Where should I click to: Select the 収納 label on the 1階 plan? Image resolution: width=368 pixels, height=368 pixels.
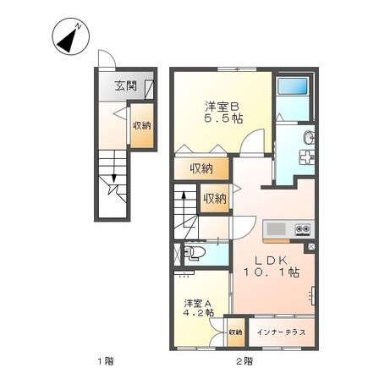tap(141, 125)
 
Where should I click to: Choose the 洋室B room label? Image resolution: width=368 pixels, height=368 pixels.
tap(222, 107)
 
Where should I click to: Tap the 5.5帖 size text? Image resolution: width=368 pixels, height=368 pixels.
tap(222, 120)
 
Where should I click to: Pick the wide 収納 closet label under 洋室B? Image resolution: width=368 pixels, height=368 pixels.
tap(201, 167)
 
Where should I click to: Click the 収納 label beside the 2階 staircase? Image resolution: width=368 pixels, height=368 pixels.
tap(215, 199)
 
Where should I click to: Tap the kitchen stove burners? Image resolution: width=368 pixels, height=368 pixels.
tap(301, 229)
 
